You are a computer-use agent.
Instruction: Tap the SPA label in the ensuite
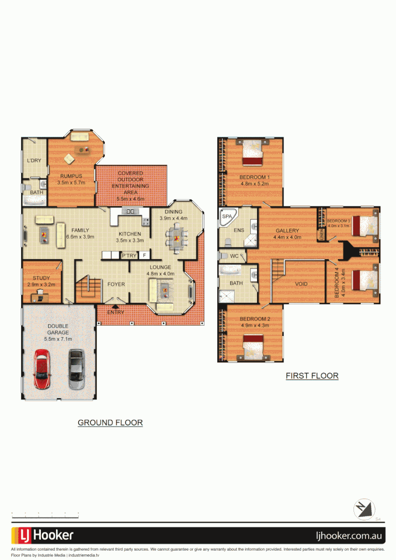click(227, 217)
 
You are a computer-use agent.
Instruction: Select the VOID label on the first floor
click(302, 284)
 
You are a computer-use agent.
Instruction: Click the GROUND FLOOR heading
click(110, 423)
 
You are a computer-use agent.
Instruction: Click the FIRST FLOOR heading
click(312, 376)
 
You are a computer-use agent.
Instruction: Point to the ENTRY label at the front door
click(116, 312)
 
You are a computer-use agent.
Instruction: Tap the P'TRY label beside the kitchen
click(129, 256)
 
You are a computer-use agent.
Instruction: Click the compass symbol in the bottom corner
click(365, 509)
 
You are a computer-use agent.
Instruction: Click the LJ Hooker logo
click(43, 535)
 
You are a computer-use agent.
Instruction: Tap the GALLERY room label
click(287, 231)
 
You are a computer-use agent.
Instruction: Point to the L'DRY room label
click(34, 161)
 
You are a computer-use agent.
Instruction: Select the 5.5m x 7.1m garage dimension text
click(58, 339)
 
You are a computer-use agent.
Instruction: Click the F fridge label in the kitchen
click(144, 256)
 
